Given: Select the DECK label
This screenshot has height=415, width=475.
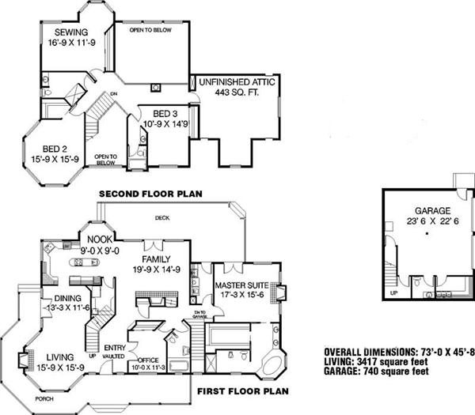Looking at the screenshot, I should coord(162,217).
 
